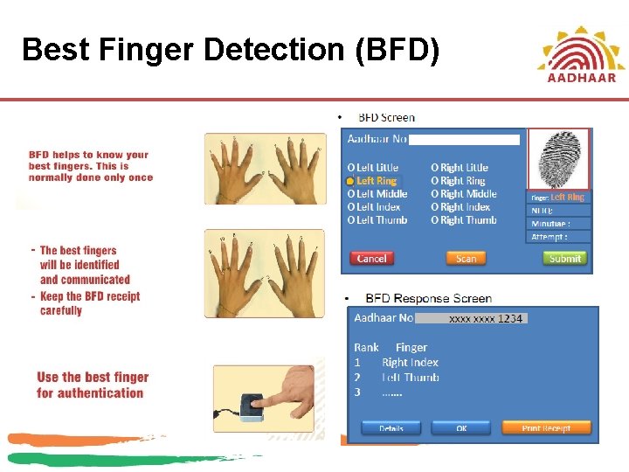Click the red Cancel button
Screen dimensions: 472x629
[x=371, y=258]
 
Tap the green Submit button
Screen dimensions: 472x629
[x=564, y=258]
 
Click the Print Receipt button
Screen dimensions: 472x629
[x=546, y=428]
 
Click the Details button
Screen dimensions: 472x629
[x=391, y=428]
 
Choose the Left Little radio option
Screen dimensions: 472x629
[x=373, y=167]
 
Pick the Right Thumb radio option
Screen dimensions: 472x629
[x=464, y=220]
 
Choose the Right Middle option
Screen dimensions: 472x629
[x=464, y=194]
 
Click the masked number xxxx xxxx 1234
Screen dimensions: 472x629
[x=485, y=319]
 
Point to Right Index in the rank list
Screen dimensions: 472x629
[x=410, y=363]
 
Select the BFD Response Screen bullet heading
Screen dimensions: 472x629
[x=428, y=299]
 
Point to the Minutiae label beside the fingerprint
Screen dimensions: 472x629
[x=550, y=224]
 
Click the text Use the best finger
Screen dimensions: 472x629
[x=93, y=378]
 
